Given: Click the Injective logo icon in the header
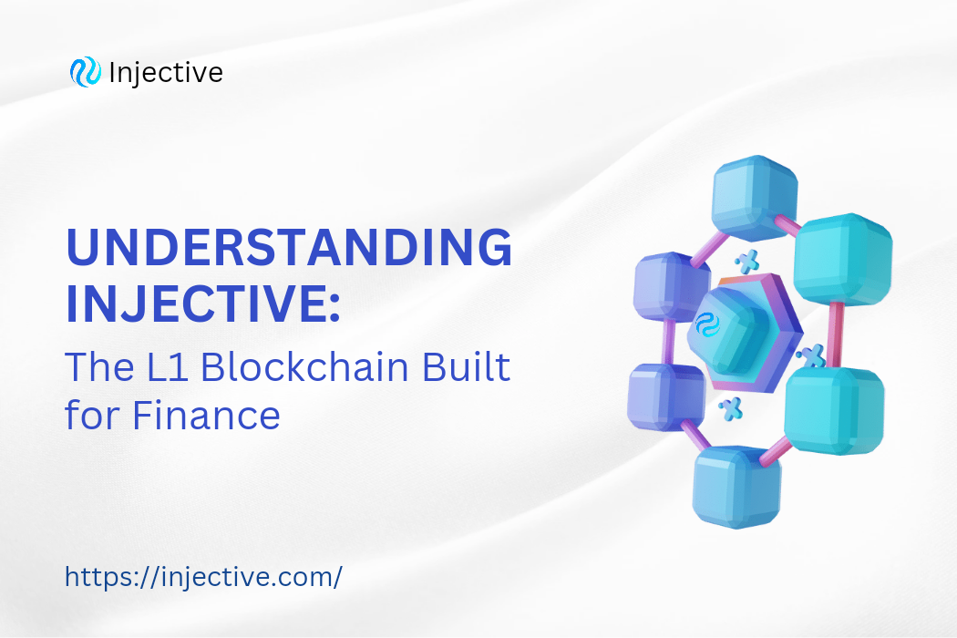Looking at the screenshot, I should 85,73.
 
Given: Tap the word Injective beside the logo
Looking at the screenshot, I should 165,73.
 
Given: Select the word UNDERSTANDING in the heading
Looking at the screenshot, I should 288,249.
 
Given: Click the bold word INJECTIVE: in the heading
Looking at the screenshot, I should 202,305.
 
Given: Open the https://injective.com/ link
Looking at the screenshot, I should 203,577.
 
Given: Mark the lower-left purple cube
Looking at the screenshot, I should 665,396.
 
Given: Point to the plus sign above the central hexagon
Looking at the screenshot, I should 747,263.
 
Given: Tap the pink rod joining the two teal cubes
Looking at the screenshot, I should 836,334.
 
